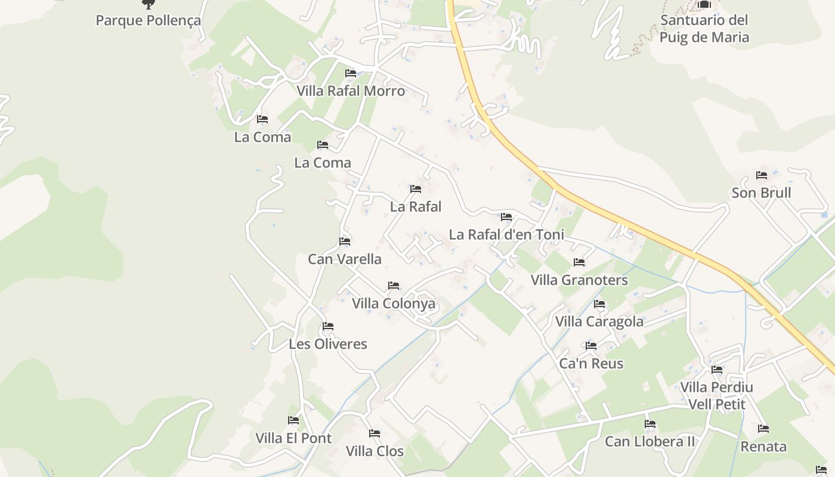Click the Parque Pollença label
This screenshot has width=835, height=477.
(x=148, y=20)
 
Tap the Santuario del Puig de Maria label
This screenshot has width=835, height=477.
(x=704, y=29)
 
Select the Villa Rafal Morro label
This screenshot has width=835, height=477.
(x=351, y=91)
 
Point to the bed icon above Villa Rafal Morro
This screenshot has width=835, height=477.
(x=351, y=73)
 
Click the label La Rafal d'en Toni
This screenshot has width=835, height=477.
(x=506, y=234)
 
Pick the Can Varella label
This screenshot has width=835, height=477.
(x=344, y=259)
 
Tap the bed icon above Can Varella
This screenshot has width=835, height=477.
(x=345, y=241)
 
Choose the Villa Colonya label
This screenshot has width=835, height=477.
(x=393, y=303)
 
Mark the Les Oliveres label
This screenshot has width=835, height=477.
(x=327, y=344)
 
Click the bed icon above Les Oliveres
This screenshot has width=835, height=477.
(x=327, y=326)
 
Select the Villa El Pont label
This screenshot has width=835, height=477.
(x=293, y=438)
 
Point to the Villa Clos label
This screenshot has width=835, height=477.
(x=375, y=451)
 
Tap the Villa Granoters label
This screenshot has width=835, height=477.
(x=579, y=280)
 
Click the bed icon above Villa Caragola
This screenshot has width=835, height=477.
(x=599, y=304)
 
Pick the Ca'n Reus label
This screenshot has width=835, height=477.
(x=591, y=364)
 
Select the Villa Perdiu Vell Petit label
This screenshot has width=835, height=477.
(x=716, y=396)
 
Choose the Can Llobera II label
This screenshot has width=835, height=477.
(x=650, y=442)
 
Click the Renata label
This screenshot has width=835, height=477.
(x=763, y=447)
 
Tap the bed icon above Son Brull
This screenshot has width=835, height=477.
(x=762, y=175)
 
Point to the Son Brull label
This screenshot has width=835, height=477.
(x=761, y=193)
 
